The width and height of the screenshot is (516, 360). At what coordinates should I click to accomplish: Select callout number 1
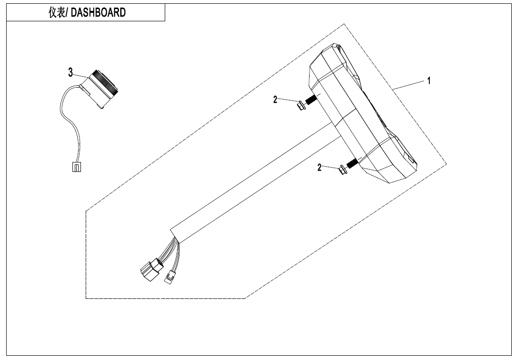tap(429, 81)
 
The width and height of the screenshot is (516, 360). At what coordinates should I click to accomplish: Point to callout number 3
tap(71, 72)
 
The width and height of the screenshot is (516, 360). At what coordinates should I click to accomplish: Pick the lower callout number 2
tap(320, 168)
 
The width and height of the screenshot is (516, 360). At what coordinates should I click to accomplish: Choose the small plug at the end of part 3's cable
tap(76, 167)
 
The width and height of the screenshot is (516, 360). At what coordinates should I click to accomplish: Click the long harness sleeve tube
tap(256, 180)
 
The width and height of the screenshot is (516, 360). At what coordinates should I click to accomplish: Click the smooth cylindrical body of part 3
tap(97, 95)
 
